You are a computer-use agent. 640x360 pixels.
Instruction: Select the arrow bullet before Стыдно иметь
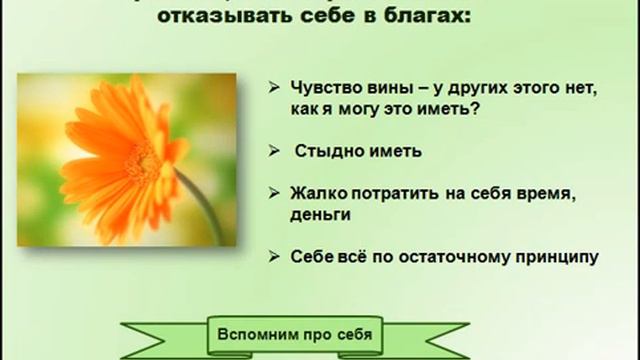pyautogui.click(x=274, y=151)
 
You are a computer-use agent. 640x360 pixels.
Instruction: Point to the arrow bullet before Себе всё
pyautogui.click(x=274, y=257)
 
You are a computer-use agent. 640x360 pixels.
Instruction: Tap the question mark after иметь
pyautogui.click(x=470, y=111)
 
